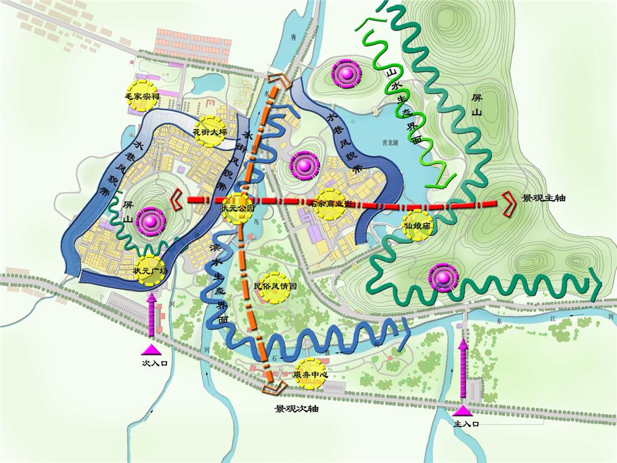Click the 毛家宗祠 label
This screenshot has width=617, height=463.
click(143, 97)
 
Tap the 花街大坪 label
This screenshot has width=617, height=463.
click(207, 131)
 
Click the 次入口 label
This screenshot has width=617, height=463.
click(155, 364)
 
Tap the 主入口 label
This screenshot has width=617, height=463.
click(466, 425)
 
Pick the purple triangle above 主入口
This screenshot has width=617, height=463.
click(463, 411)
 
